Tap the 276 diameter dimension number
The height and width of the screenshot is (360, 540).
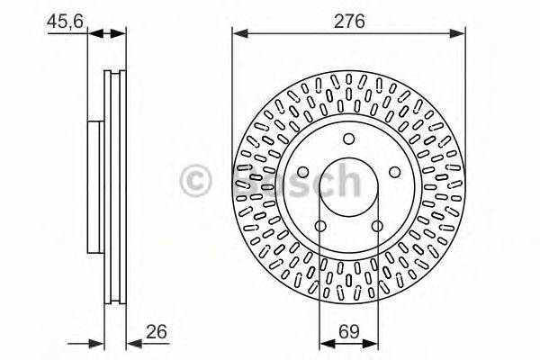pyautogui.click(x=349, y=18)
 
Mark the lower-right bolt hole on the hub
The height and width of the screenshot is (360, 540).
pyautogui.click(x=377, y=226)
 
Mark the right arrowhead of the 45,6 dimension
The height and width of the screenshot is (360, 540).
pyautogui.click(x=121, y=34)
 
